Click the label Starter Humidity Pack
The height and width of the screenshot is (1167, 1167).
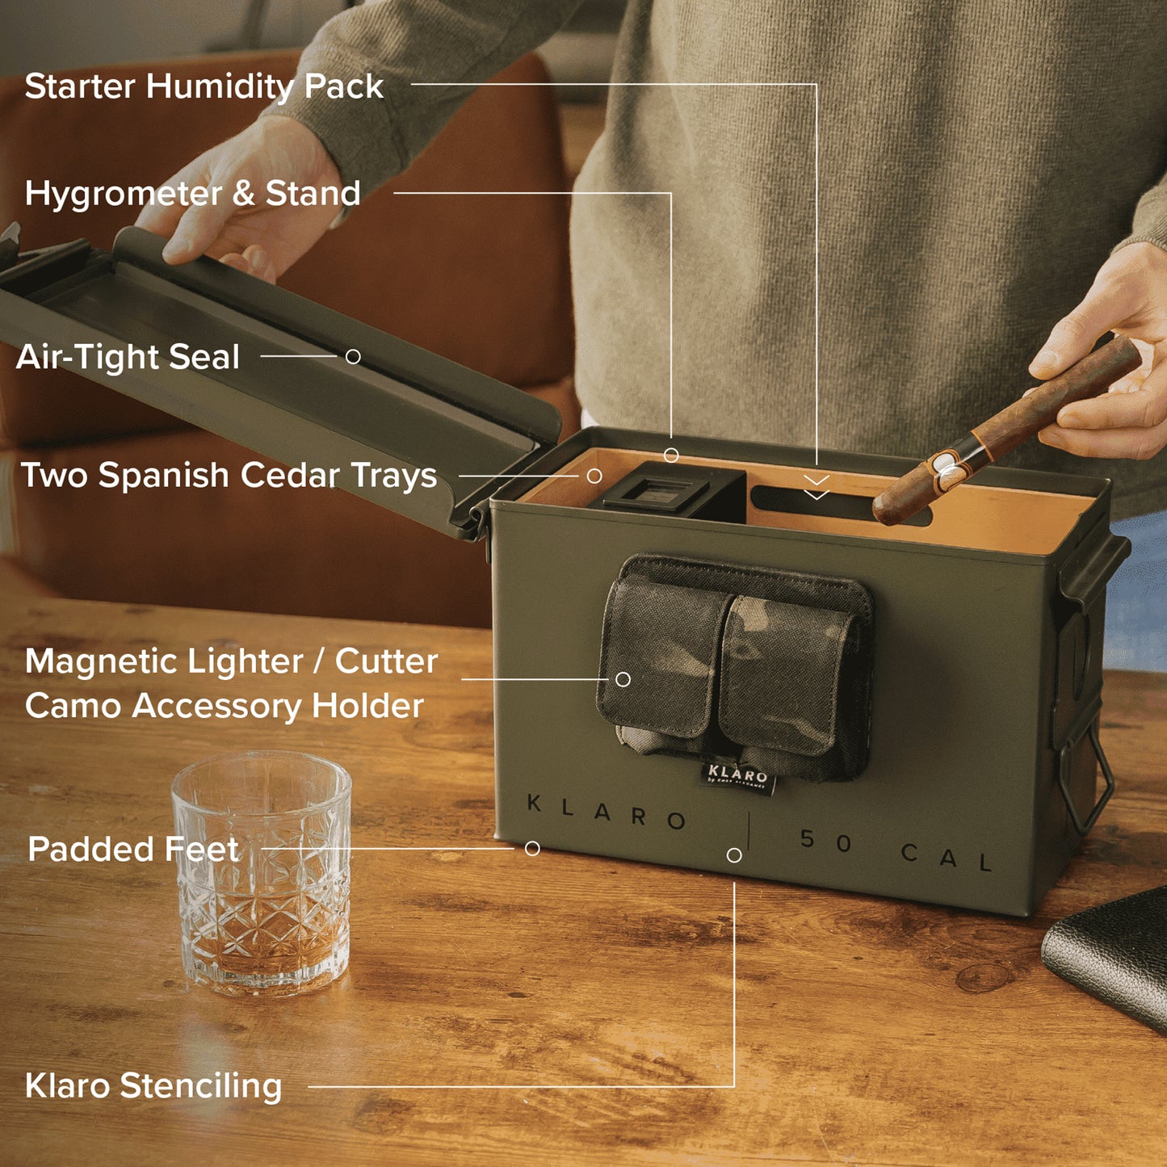coord(204,86)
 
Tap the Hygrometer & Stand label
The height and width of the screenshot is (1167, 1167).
coord(192,194)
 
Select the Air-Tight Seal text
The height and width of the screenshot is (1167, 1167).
coord(128,356)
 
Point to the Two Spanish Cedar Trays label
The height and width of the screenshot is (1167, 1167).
coord(229,475)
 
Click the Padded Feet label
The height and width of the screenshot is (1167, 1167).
coord(133,849)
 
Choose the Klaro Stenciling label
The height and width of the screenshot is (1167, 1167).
coord(153,1085)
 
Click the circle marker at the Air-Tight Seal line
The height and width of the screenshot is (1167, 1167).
coord(353,357)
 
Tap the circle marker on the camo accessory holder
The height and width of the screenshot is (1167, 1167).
coord(623,679)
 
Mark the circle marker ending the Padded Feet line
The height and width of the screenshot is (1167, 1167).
coord(532,849)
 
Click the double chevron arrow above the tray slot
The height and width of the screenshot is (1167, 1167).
coord(816,487)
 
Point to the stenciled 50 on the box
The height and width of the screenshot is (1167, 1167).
coord(826,841)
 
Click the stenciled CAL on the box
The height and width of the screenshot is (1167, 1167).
coord(947,856)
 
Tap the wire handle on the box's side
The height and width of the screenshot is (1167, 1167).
coord(1087,781)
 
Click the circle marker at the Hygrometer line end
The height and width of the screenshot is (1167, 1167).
coord(671,455)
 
